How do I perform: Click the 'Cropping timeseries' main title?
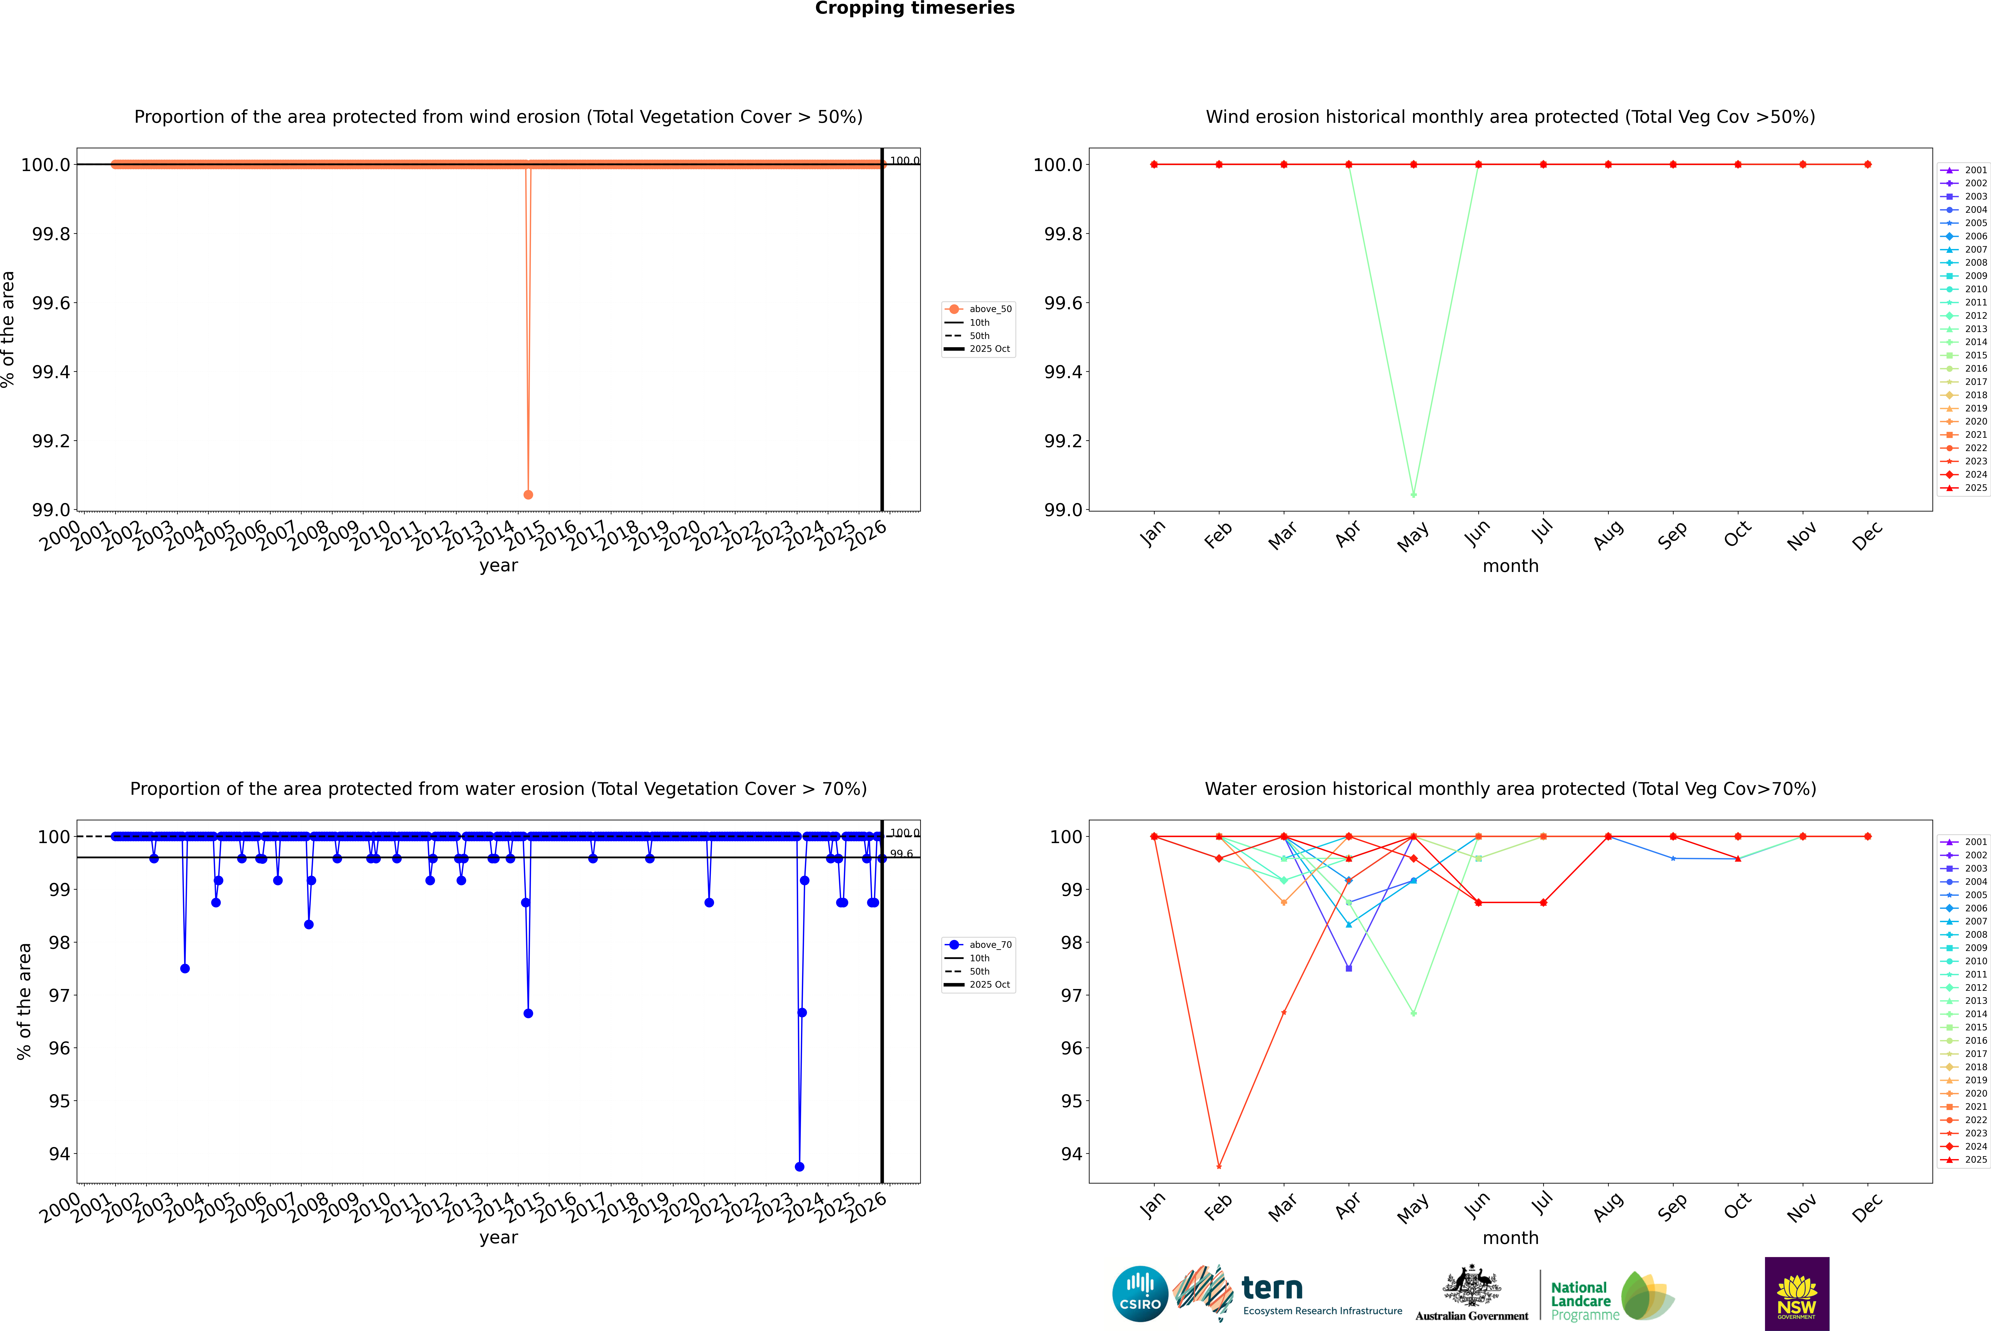coord(914,8)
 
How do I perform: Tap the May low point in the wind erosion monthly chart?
coord(1413,494)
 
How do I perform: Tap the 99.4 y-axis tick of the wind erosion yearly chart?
coord(51,372)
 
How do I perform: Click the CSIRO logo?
coord(1140,1294)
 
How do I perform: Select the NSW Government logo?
coord(1797,1294)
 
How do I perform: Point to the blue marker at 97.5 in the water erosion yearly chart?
coord(185,968)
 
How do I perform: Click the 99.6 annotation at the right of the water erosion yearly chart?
coord(901,854)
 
